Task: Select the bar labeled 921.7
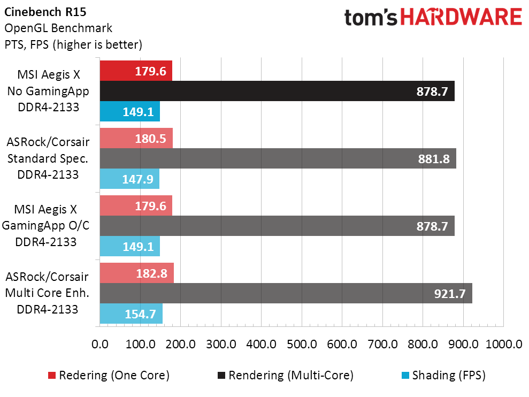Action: coord(286,293)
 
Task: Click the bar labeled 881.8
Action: coord(278,158)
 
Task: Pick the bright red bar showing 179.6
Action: coord(136,71)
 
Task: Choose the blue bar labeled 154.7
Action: coord(131,314)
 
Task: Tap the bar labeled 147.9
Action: coord(129,179)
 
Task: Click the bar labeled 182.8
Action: coord(136,273)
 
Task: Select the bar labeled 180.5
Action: coord(136,139)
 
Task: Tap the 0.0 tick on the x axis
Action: coord(100,344)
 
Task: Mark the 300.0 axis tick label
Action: coord(221,344)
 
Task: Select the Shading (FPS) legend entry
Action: coord(444,376)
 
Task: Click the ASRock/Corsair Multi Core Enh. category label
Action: coord(48,293)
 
